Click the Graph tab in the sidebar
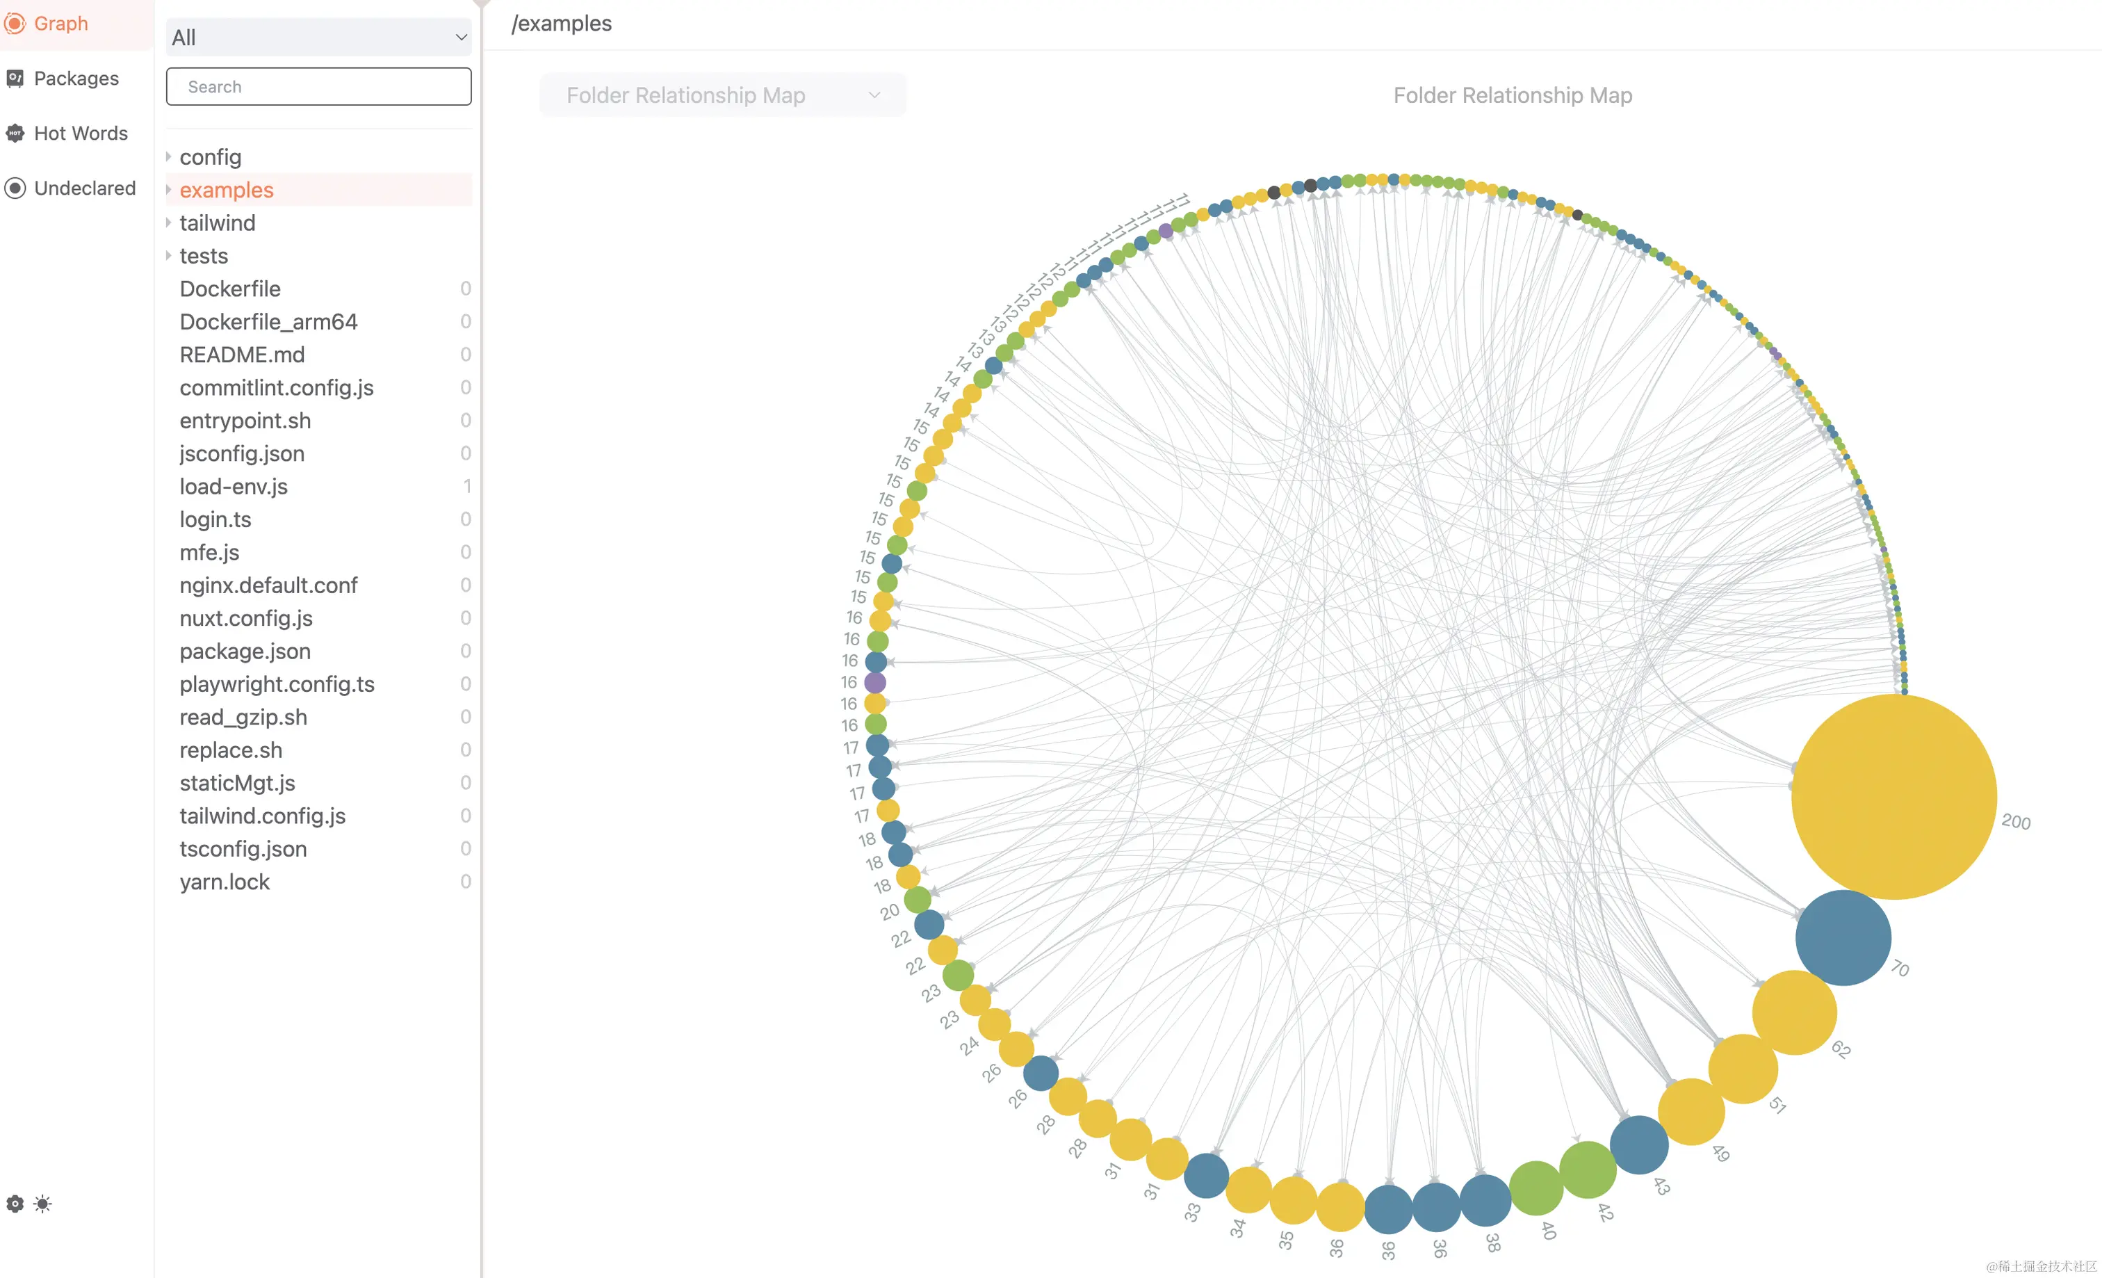(60, 24)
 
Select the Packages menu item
(75, 79)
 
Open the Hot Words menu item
(80, 133)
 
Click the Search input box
(318, 87)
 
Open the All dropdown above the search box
(318, 38)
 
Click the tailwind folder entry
(217, 223)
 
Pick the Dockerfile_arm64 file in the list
(268, 322)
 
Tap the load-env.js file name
(233, 486)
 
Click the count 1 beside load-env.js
(466, 486)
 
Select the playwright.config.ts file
(277, 684)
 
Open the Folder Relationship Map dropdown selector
(722, 95)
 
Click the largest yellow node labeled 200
(1893, 796)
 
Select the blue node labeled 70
(1843, 937)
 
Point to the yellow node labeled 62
(1794, 1012)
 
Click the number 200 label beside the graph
(2015, 822)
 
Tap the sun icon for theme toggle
(42, 1204)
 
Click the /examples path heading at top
(562, 24)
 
